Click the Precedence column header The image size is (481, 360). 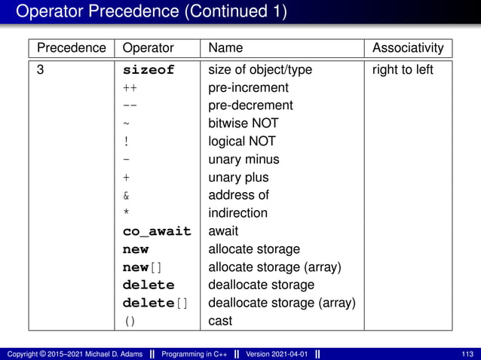(72, 48)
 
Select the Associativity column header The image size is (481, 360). (408, 48)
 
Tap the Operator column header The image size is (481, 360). (148, 48)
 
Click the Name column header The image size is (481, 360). (225, 48)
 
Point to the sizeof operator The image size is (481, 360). (149, 70)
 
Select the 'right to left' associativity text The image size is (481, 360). (403, 70)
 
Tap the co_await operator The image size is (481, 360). (157, 231)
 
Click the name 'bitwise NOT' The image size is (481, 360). (243, 123)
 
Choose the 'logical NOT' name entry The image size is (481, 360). (241, 141)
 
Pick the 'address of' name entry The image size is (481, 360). (238, 195)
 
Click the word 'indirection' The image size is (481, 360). (237, 213)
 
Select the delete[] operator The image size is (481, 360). (155, 303)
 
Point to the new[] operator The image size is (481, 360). (142, 267)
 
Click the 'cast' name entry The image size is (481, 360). (220, 321)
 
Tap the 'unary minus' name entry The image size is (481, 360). (244, 159)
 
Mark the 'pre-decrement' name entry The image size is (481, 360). (250, 105)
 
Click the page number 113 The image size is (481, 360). (467, 354)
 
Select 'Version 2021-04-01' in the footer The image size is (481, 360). (276, 354)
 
